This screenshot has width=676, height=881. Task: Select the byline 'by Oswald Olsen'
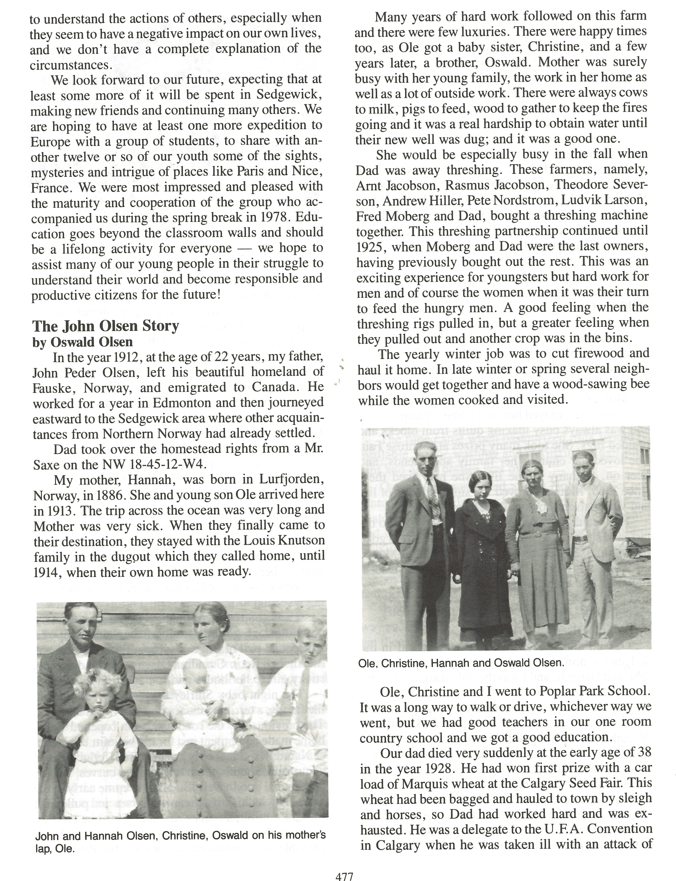click(x=82, y=342)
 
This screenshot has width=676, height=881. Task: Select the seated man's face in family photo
click(x=82, y=635)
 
